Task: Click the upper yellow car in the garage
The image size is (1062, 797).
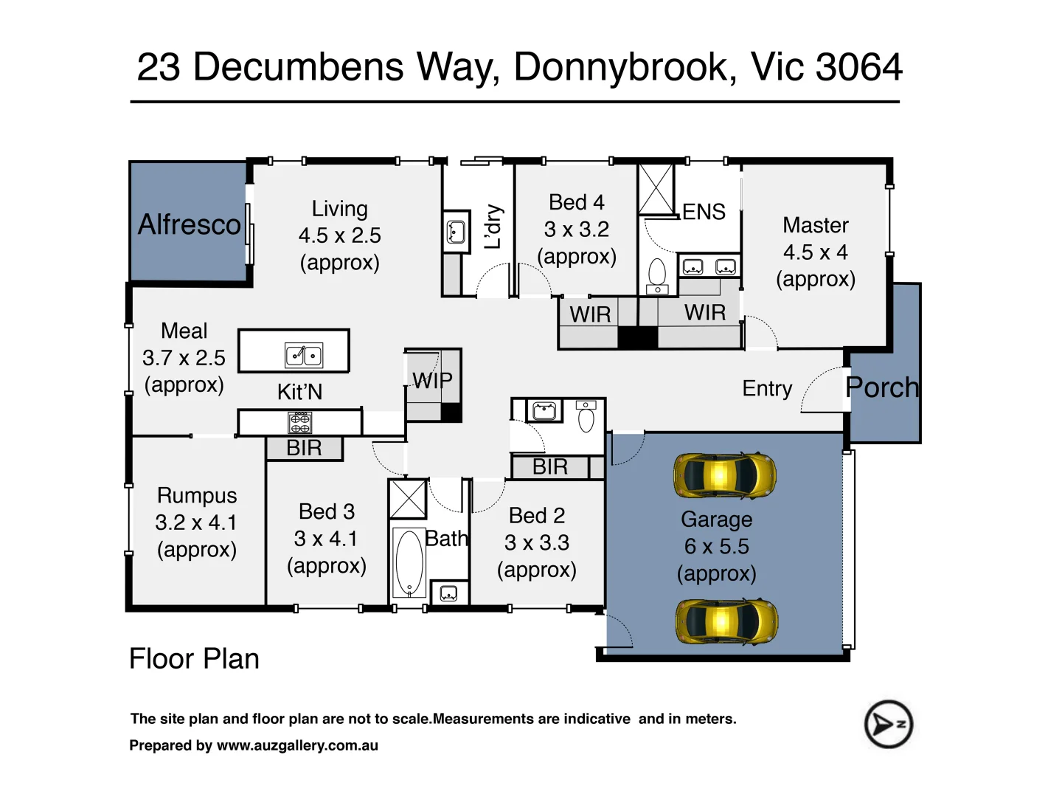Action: click(x=725, y=476)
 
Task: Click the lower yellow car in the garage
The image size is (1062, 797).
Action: click(x=726, y=621)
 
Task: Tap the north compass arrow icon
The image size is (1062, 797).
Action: click(x=888, y=724)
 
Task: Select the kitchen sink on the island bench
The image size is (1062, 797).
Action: click(x=304, y=356)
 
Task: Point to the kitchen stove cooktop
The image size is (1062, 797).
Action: click(x=299, y=423)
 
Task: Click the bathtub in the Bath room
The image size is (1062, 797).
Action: click(x=409, y=562)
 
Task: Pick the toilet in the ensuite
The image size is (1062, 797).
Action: click(x=657, y=274)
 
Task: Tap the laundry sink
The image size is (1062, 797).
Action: click(x=456, y=232)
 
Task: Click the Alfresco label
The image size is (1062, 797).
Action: click(x=190, y=224)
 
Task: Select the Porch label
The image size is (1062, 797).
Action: click(x=882, y=387)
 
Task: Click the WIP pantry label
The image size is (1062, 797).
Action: click(x=432, y=381)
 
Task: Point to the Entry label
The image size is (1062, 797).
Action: click(x=767, y=388)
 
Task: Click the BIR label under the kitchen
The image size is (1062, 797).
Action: click(x=304, y=448)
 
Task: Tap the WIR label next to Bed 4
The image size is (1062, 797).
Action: click(x=590, y=314)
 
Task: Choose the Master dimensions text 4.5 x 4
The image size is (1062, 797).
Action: click(x=815, y=252)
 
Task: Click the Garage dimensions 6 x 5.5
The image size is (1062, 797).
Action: click(x=716, y=547)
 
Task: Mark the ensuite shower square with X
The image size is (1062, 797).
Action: click(x=656, y=189)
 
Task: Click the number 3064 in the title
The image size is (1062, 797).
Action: click(x=859, y=67)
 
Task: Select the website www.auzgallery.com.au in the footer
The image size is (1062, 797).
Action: click(x=297, y=745)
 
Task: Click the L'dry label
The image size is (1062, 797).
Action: click(x=493, y=227)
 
